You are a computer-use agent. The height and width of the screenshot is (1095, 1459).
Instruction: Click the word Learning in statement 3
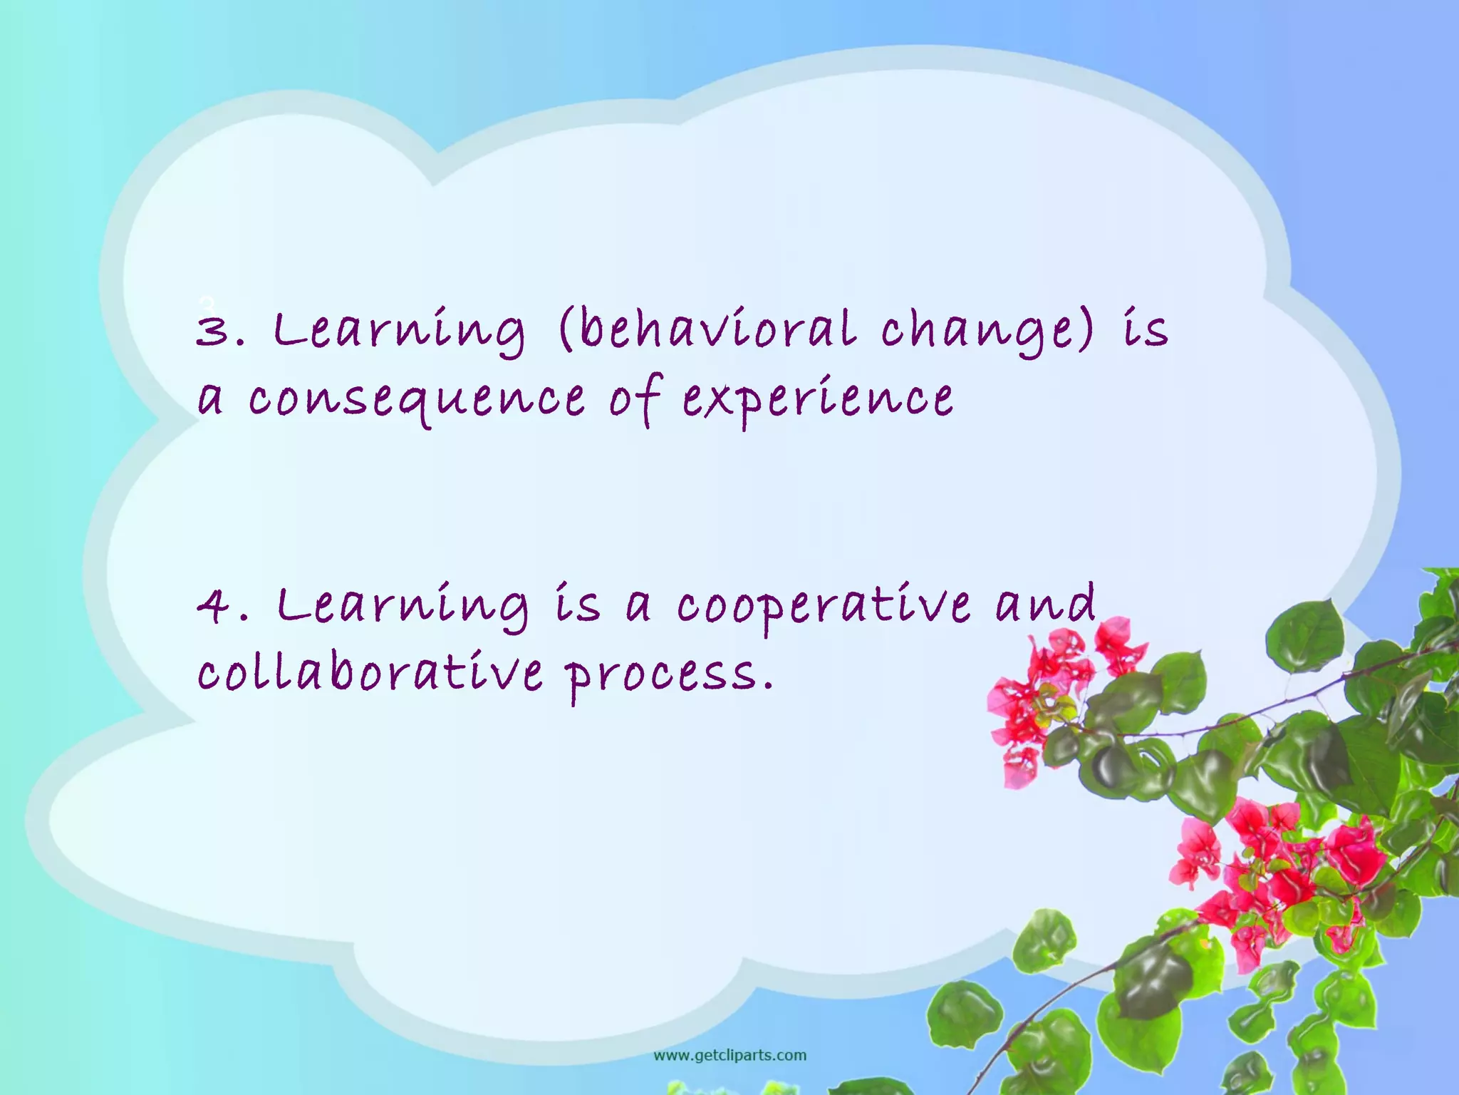click(400, 331)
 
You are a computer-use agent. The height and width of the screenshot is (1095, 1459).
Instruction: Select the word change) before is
click(987, 331)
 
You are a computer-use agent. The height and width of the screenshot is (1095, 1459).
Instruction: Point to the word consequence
click(417, 399)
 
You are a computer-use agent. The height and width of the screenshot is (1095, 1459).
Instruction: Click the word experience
click(818, 399)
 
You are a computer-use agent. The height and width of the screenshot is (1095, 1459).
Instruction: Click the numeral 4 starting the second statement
click(212, 606)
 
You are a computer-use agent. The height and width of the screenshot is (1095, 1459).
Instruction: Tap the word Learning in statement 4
click(403, 606)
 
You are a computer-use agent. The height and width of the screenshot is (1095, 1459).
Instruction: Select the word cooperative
click(823, 606)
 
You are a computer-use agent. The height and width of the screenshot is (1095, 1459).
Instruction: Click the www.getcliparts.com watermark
click(729, 1055)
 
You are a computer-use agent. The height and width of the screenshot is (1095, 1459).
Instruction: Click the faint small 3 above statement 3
click(206, 302)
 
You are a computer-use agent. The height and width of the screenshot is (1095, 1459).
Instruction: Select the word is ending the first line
click(1146, 331)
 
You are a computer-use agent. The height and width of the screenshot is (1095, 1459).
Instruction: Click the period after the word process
click(767, 689)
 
